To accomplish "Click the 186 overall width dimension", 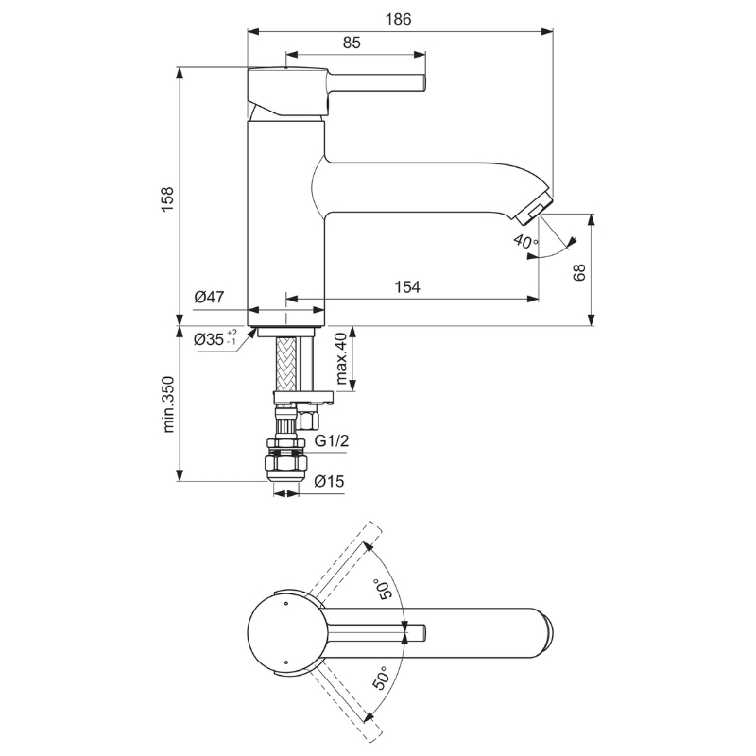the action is click(x=398, y=19).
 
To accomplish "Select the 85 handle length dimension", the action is click(x=352, y=43).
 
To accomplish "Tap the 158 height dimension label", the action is click(x=167, y=198).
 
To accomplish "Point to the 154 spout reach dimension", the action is click(x=407, y=287).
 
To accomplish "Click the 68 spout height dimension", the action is click(x=579, y=272).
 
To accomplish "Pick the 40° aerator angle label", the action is click(x=525, y=240).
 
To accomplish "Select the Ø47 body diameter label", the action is click(x=209, y=297).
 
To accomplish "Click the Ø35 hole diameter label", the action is click(x=209, y=339).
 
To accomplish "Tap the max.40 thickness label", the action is click(x=341, y=358).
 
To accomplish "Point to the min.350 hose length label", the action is click(x=168, y=404).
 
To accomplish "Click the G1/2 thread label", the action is click(x=332, y=440).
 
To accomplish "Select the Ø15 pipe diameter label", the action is click(x=329, y=481).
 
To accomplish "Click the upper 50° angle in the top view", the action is click(x=386, y=589).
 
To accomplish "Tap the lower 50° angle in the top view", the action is click(x=381, y=678).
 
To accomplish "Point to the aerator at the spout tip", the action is click(x=534, y=207).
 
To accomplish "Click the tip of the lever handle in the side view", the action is click(x=424, y=82).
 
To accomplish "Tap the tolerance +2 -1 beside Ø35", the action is click(x=232, y=337).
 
